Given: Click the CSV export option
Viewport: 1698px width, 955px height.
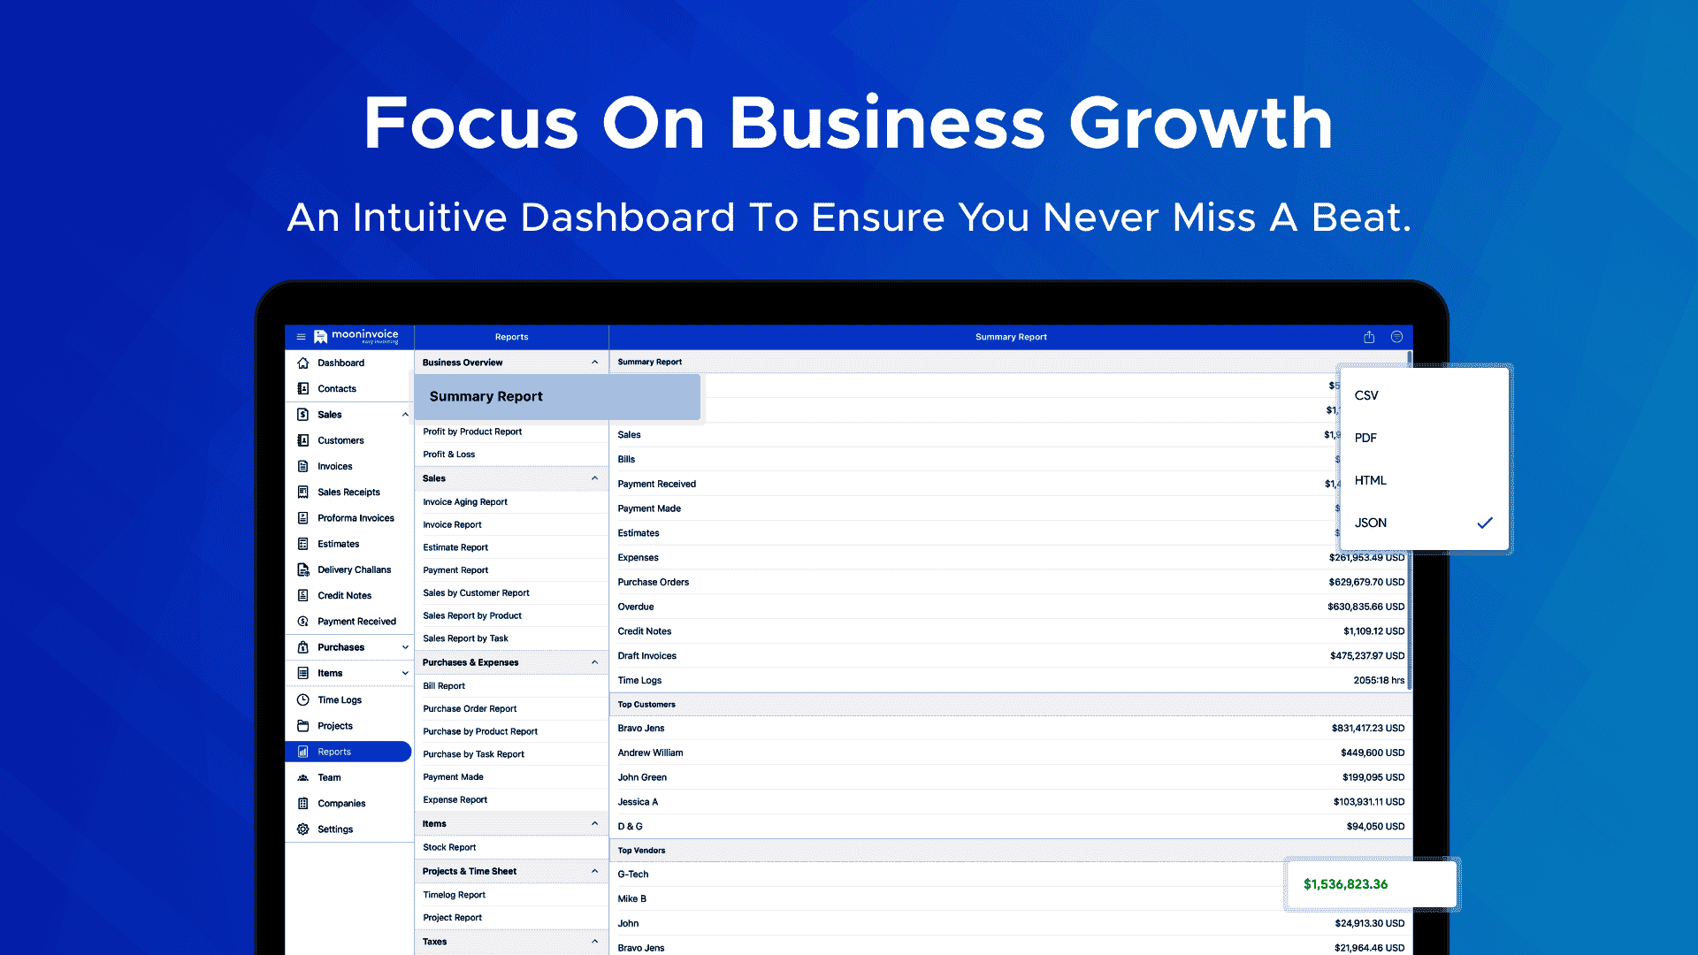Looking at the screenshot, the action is tap(1366, 395).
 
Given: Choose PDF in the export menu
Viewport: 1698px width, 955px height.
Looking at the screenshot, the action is tap(1365, 438).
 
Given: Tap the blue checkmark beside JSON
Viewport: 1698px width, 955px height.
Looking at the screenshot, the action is tap(1485, 523).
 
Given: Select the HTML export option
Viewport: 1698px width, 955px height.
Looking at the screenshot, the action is tap(1370, 480).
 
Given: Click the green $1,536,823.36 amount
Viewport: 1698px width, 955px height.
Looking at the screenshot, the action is tap(1345, 884).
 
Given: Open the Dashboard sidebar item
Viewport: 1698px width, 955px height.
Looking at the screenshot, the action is tap(340, 363).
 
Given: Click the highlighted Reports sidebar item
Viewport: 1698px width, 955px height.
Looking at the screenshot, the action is tap(348, 752).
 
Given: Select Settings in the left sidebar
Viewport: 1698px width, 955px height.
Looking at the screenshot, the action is tap(335, 829).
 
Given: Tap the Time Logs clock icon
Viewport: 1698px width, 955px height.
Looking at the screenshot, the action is tap(303, 699).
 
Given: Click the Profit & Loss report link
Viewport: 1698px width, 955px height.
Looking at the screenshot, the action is tap(448, 455).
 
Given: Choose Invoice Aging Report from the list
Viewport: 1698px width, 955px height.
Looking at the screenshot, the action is tap(465, 502).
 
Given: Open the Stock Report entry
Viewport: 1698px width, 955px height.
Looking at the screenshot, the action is tap(449, 847).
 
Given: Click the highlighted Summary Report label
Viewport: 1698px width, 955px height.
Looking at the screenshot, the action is tap(486, 396).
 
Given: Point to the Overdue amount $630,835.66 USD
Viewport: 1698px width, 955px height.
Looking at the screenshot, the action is tap(1365, 607).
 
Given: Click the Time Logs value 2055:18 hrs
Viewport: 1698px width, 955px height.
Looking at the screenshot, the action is tap(1379, 680).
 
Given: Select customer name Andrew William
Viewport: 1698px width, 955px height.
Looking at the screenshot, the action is tap(650, 753).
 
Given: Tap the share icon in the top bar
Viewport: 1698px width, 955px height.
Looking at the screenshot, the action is tap(1369, 337).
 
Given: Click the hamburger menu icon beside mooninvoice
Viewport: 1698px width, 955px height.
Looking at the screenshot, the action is tap(301, 337).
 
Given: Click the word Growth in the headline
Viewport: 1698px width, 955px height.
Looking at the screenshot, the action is tap(1201, 123).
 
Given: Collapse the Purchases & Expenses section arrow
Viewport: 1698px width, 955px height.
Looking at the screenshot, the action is tap(594, 662).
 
